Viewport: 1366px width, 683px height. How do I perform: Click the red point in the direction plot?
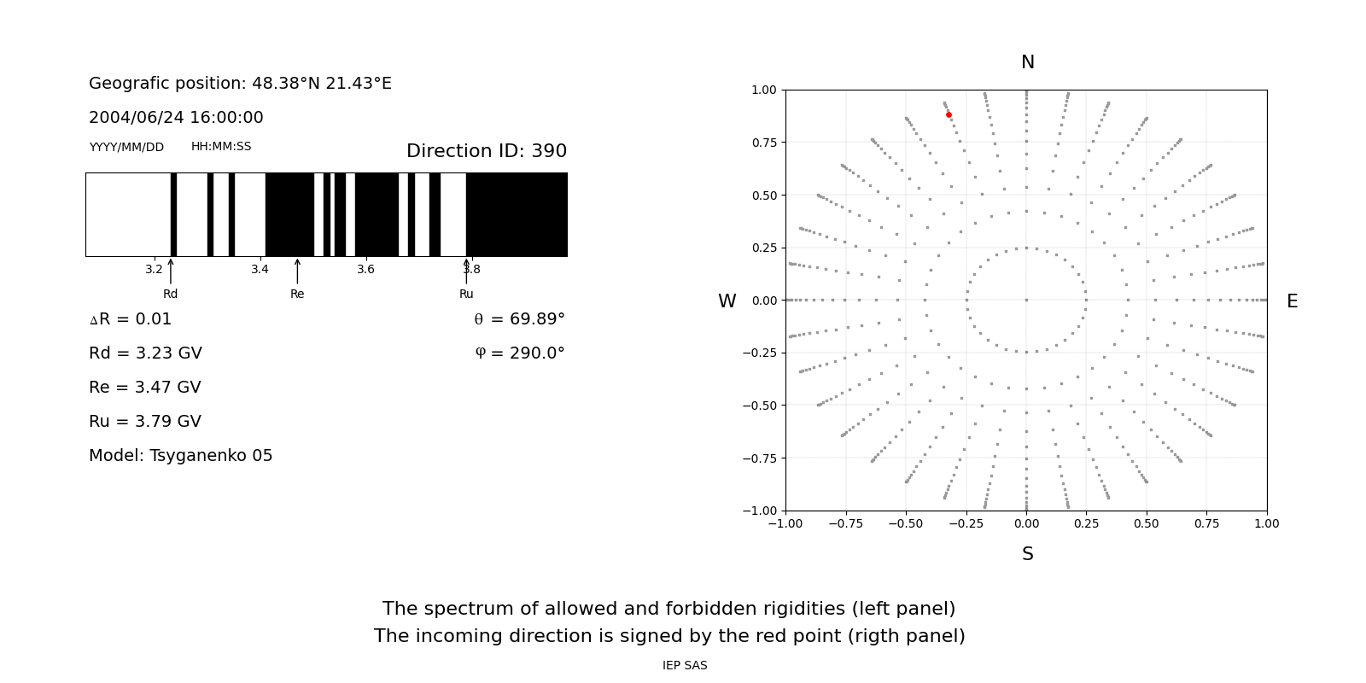coord(949,114)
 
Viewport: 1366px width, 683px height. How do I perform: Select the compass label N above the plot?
coord(1028,62)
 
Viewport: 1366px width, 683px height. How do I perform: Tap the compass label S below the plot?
coord(1028,554)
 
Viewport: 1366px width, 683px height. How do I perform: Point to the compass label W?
coord(727,301)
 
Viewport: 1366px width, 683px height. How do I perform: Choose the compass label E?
coord(1292,301)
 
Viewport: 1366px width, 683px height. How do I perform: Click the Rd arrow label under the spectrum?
coord(171,294)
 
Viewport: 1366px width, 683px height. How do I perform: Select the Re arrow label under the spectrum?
coord(297,294)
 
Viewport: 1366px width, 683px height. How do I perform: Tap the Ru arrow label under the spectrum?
coord(466,294)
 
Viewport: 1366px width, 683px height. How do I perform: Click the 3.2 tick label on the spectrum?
coord(154,269)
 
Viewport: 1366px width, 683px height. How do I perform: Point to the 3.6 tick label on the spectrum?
coord(365,269)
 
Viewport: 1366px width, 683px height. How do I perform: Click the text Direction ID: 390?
coord(487,151)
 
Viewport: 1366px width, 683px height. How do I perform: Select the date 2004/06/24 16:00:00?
coord(176,118)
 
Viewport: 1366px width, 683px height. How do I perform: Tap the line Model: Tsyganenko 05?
coord(181,456)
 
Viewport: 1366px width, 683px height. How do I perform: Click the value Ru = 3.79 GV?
coord(145,422)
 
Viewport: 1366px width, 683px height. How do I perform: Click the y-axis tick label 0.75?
coord(763,143)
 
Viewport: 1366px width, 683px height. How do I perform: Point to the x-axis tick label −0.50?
coord(906,523)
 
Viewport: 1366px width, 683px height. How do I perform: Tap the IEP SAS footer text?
coord(685,665)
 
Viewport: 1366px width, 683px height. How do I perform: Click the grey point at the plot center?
coord(1026,300)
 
